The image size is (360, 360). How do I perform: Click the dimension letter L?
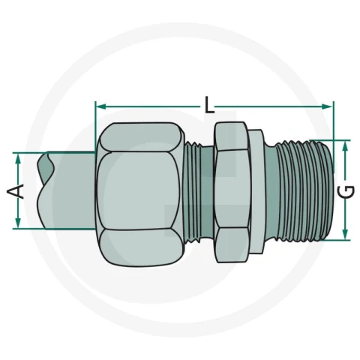click(209, 105)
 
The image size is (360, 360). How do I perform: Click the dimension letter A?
click(16, 191)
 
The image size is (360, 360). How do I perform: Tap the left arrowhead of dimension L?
click(100, 106)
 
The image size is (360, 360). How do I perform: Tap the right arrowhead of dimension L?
click(327, 106)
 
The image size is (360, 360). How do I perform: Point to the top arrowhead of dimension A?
click(18, 158)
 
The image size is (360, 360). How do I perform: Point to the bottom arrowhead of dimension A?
click(18, 223)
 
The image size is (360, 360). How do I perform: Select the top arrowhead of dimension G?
click(345, 146)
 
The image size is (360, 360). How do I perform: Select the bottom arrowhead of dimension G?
click(345, 234)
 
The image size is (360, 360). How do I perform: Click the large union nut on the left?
click(140, 193)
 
